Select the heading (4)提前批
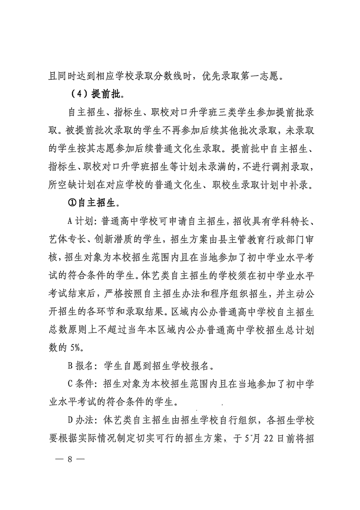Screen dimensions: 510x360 tap(92, 95)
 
